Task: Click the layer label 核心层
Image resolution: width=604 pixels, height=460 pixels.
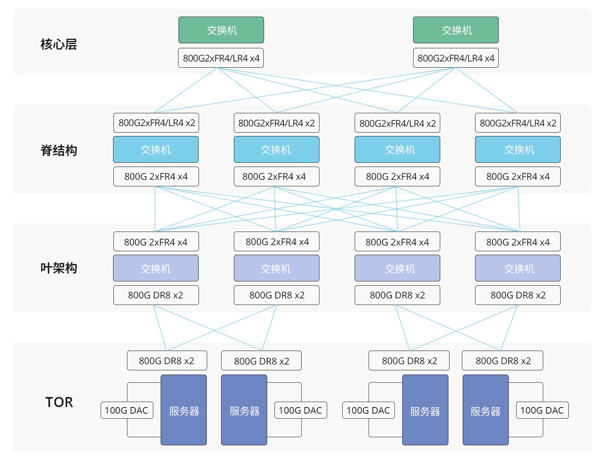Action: [x=58, y=44]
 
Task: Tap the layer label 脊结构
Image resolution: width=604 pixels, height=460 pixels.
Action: [x=58, y=150]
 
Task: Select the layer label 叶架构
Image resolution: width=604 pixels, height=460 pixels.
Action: [x=58, y=268]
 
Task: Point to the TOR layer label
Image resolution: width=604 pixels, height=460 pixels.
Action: [x=59, y=402]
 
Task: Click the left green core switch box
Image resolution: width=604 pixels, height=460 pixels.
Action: [x=221, y=30]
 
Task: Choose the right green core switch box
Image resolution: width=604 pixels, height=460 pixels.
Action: [x=456, y=30]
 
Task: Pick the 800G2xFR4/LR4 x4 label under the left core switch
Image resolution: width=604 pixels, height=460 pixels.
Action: [x=221, y=58]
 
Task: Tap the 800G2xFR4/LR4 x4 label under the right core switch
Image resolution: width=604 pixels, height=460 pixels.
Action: [x=456, y=58]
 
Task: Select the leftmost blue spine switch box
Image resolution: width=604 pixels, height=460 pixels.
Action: [x=156, y=149]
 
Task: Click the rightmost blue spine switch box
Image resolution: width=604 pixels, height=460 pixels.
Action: [x=518, y=149]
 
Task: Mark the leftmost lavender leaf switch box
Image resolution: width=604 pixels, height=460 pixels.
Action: [x=156, y=268]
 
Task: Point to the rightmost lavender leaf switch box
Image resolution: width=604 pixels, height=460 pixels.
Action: [x=518, y=268]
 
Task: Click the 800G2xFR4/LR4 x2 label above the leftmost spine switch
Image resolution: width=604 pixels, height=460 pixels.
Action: [x=156, y=123]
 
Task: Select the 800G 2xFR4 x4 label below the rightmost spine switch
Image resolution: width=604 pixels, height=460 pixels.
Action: [x=518, y=176]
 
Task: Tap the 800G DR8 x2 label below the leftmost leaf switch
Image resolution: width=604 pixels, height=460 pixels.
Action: [x=156, y=295]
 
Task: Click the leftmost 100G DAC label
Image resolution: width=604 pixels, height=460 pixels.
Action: [x=127, y=410]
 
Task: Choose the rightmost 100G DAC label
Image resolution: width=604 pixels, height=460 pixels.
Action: [x=542, y=410]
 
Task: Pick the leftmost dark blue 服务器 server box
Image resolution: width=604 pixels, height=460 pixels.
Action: [x=184, y=410]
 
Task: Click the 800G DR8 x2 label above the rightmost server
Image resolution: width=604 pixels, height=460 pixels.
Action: [x=503, y=360]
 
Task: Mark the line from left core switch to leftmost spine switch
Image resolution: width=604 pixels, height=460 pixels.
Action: [x=185, y=90]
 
